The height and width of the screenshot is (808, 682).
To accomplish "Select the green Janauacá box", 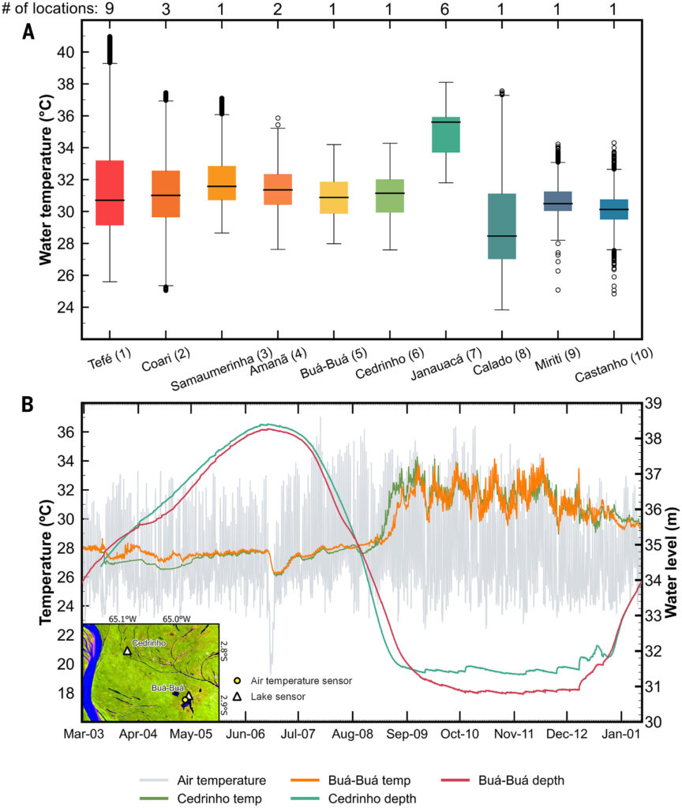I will (446, 134).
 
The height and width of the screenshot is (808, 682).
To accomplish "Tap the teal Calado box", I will (502, 226).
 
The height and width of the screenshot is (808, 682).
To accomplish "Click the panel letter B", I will (28, 405).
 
